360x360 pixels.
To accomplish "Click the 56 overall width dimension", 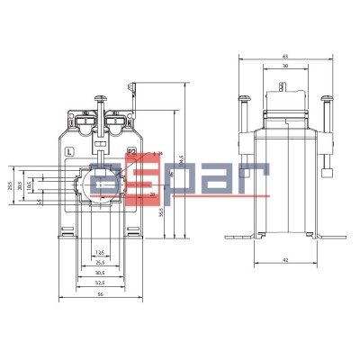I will coord(99,294).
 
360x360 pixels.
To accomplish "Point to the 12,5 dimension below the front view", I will coord(99,252).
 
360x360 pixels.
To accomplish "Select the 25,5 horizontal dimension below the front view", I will coord(99,262).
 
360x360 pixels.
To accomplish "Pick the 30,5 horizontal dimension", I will coord(99,272).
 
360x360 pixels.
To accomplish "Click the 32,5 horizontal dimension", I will coord(99,282).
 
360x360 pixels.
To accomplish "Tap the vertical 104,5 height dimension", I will coord(182,164).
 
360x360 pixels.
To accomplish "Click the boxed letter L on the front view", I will coord(70,151).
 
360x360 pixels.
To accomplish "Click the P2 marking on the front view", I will coord(130,151).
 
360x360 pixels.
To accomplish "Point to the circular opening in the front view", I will coord(99,184).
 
